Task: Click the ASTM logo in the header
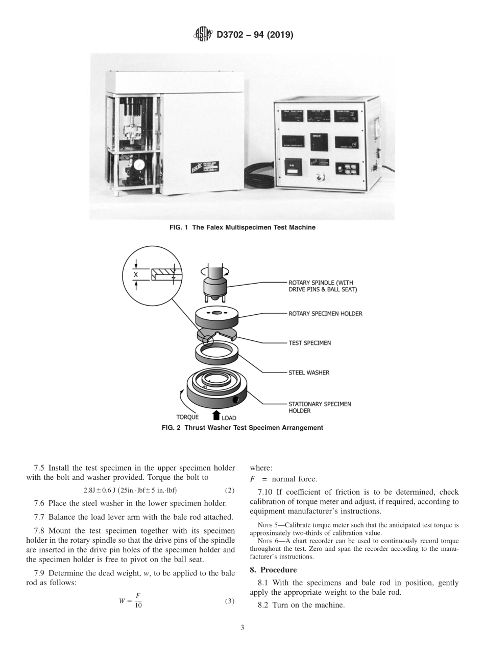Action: click(x=203, y=35)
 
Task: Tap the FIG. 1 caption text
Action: click(x=242, y=227)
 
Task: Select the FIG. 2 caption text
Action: click(x=242, y=428)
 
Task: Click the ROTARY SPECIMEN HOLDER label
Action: click(x=325, y=314)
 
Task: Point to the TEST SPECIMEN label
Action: click(x=309, y=343)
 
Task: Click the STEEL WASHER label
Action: click(x=309, y=373)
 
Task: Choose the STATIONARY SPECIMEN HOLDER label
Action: click(x=320, y=407)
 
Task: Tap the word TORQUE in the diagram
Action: click(x=187, y=417)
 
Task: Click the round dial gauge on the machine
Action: click(x=137, y=166)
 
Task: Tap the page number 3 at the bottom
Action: click(x=243, y=628)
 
